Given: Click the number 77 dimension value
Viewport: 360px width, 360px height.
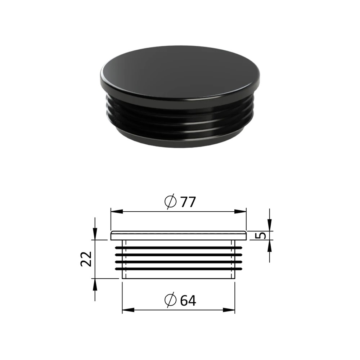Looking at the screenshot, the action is point(188,202).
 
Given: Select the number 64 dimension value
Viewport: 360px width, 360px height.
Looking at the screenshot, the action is point(188,300).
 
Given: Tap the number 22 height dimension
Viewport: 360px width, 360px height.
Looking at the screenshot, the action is point(86,259).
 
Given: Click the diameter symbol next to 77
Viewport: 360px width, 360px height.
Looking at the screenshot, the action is point(171,202).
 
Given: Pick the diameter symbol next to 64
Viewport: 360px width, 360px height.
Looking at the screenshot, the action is point(171,300).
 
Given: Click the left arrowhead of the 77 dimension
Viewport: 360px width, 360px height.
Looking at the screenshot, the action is point(117,211).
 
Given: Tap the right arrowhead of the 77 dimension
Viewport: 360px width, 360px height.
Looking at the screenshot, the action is point(240,211).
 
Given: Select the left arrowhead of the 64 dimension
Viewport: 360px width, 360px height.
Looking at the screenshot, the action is point(128,310).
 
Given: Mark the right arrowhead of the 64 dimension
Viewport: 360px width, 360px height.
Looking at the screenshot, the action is point(229,310).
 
